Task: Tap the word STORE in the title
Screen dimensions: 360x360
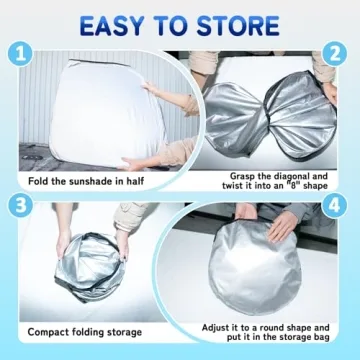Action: pos(238,25)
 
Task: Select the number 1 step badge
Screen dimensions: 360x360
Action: pos(20,53)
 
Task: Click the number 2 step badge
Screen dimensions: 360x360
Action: pos(334,53)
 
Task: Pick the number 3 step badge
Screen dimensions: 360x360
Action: pos(20,206)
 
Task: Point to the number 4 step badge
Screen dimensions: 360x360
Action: pos(334,206)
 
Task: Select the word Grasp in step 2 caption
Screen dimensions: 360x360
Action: pos(242,176)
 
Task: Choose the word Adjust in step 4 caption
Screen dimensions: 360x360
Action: pos(216,327)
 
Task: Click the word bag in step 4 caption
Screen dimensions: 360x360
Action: pos(321,337)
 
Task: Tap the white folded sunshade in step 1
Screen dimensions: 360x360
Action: pos(108,112)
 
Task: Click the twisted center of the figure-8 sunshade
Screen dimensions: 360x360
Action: pos(267,123)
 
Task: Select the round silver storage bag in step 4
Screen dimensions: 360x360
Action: pos(255,267)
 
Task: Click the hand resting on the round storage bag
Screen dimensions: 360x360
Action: pos(282,226)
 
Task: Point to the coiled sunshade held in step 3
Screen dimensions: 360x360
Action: pos(90,267)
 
